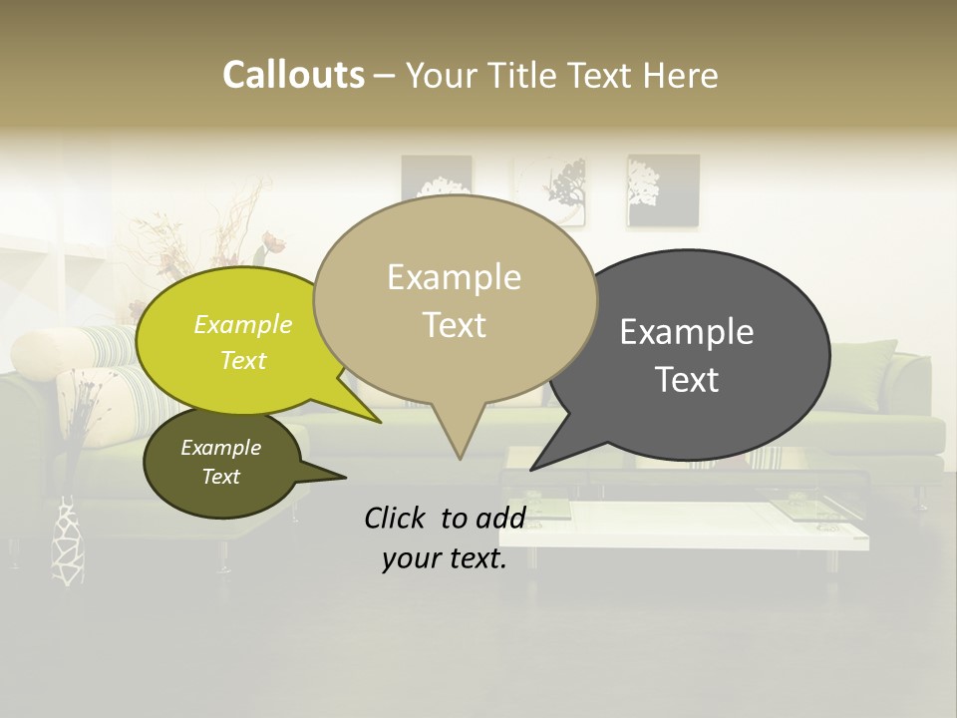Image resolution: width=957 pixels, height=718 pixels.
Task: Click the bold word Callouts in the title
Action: coord(293,75)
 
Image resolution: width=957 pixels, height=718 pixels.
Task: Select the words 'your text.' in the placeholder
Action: coord(445,559)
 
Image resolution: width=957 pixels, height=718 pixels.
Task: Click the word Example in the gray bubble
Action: coord(687,332)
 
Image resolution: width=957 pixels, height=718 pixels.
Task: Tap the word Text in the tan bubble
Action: coord(455,325)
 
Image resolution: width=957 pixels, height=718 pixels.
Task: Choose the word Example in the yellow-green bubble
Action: coord(243,324)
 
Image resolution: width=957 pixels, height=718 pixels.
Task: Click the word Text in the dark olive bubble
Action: coord(221,477)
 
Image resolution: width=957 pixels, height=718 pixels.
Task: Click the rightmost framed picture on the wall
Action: coord(662,188)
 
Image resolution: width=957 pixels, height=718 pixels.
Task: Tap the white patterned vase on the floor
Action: coord(69,543)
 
